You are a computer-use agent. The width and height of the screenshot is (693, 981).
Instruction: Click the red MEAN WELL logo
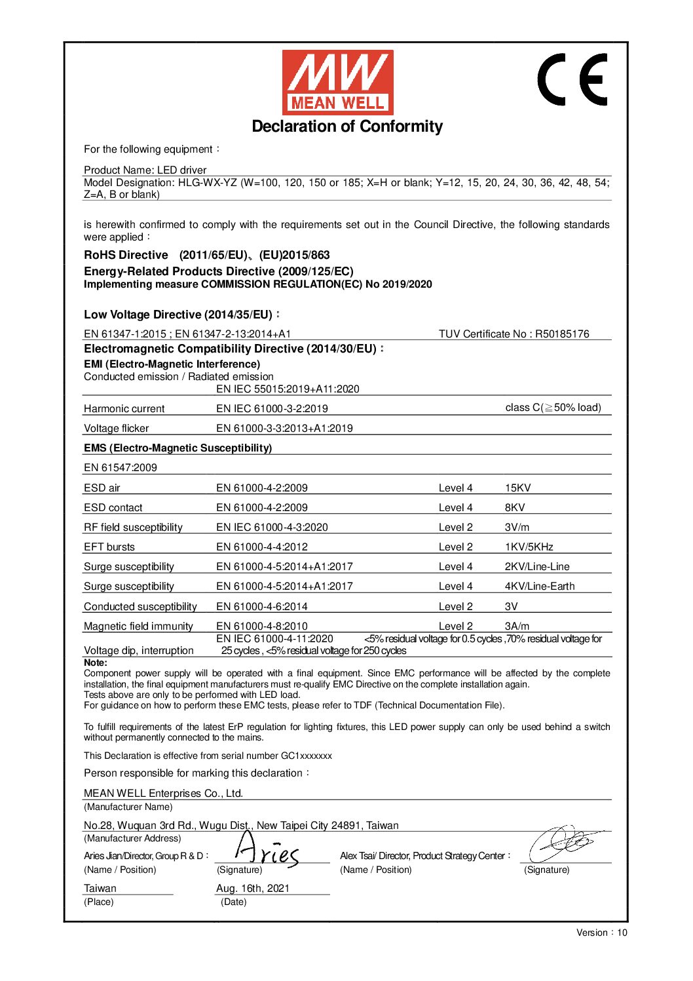337,82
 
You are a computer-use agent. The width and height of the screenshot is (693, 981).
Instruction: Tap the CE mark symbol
572,79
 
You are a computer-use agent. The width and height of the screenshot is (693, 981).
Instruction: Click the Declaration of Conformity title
347,126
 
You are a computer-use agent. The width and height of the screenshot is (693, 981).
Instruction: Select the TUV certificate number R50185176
562,334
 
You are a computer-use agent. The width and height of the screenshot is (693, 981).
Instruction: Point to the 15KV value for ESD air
517,488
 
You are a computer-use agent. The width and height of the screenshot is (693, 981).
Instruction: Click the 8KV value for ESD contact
515,507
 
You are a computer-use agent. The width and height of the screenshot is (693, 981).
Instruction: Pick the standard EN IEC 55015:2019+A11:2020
288,389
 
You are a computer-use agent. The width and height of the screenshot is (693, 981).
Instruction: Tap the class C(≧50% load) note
553,408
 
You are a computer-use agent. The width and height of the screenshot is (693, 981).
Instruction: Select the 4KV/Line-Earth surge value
539,586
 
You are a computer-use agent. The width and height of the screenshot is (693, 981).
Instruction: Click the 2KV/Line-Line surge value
537,566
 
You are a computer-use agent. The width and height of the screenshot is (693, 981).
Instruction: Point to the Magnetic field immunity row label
138,626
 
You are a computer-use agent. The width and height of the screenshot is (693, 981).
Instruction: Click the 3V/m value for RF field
517,527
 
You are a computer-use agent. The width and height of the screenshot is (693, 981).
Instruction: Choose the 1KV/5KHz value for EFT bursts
529,547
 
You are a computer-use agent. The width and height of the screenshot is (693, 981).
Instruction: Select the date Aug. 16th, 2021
252,888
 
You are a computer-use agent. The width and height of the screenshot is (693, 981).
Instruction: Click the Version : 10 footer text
601,933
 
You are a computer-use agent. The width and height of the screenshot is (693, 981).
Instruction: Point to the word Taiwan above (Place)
100,888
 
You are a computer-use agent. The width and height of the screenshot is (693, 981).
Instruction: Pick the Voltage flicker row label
117,428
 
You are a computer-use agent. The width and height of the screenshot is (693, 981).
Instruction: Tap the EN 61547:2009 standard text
121,467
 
